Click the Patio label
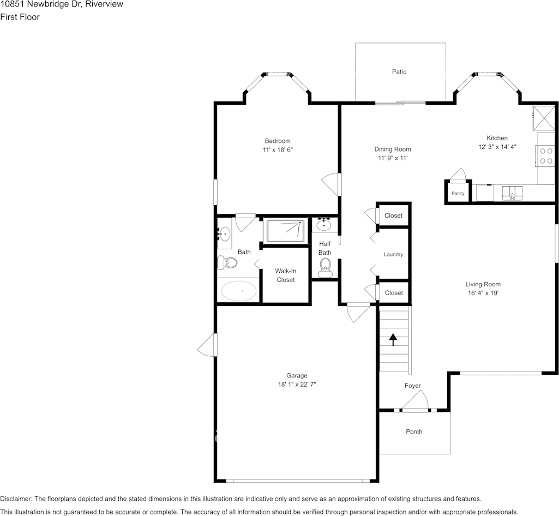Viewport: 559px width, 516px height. click(399, 71)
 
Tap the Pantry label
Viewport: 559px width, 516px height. click(458, 194)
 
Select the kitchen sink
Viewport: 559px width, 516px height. click(512, 193)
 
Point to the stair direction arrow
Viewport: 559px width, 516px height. click(393, 339)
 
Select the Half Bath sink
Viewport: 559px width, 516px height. click(324, 224)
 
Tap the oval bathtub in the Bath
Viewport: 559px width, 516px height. click(239, 291)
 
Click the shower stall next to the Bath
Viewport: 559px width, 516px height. click(285, 231)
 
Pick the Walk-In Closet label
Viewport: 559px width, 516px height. click(285, 275)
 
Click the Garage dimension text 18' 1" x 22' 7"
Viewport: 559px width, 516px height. click(297, 385)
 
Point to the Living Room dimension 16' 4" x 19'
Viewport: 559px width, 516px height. click(483, 293)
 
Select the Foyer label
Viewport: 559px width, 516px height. click(412, 386)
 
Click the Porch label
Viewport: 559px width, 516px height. click(414, 432)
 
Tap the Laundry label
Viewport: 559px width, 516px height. click(393, 254)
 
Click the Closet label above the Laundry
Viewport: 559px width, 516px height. click(393, 215)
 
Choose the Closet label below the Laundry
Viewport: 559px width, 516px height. click(393, 293)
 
